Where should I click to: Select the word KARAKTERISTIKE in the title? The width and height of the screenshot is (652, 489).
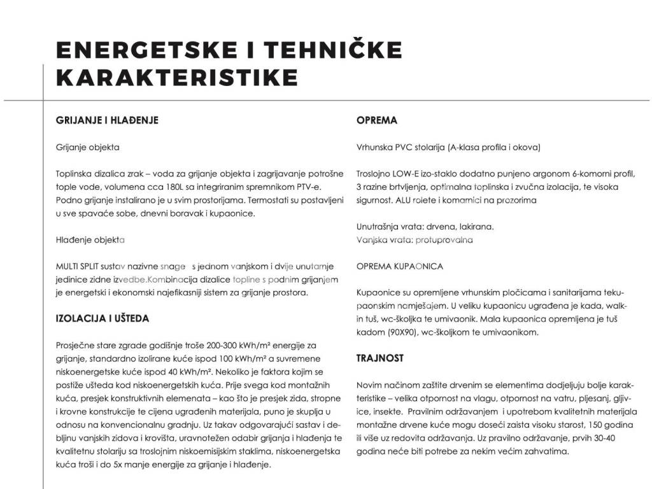pos(177,77)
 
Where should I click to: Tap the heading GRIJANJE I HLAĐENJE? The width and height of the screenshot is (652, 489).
pos(107,120)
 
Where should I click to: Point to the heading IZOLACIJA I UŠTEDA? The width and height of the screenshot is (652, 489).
pos(103,318)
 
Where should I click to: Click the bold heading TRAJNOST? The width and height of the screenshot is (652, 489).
pos(379,358)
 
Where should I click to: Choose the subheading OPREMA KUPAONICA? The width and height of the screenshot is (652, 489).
pos(400,266)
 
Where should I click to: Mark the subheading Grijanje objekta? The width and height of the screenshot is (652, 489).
pos(88,147)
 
